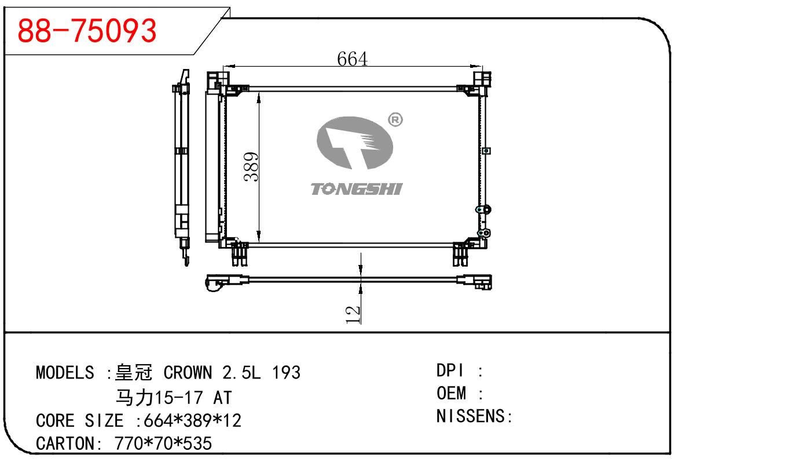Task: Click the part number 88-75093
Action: point(87,30)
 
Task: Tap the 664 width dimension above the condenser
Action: point(352,59)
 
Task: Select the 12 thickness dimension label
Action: point(353,314)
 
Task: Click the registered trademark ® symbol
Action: point(395,120)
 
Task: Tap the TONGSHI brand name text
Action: point(356,189)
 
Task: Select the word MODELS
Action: point(65,372)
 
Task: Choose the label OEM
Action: point(452,394)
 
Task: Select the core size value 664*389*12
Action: point(192,420)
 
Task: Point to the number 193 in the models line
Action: point(286,372)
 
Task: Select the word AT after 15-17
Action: point(223,398)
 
